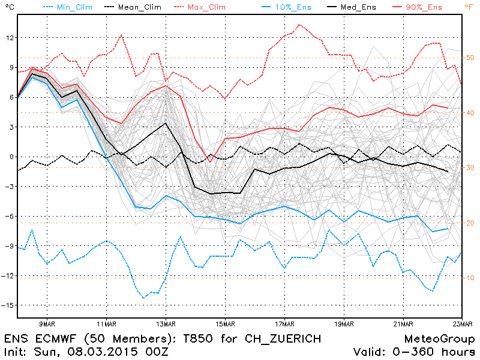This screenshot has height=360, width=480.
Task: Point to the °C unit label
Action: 8,7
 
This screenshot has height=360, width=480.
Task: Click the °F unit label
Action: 468,7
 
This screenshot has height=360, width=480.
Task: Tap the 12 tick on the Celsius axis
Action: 9,38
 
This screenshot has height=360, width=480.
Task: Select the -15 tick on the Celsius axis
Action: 8,305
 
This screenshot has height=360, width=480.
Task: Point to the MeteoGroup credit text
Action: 439,339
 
